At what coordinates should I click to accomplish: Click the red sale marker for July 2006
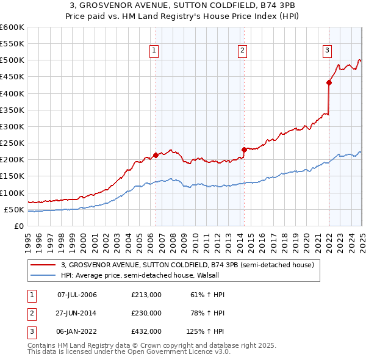coord(156,155)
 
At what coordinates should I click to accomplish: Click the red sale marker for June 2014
coord(244,149)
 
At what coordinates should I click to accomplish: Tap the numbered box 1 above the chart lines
coord(154,51)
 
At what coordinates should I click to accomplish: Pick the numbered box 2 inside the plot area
coord(243,51)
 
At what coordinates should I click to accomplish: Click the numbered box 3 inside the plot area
coord(328,51)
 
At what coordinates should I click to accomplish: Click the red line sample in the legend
coord(43,265)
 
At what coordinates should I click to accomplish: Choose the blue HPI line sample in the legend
coord(43,275)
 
